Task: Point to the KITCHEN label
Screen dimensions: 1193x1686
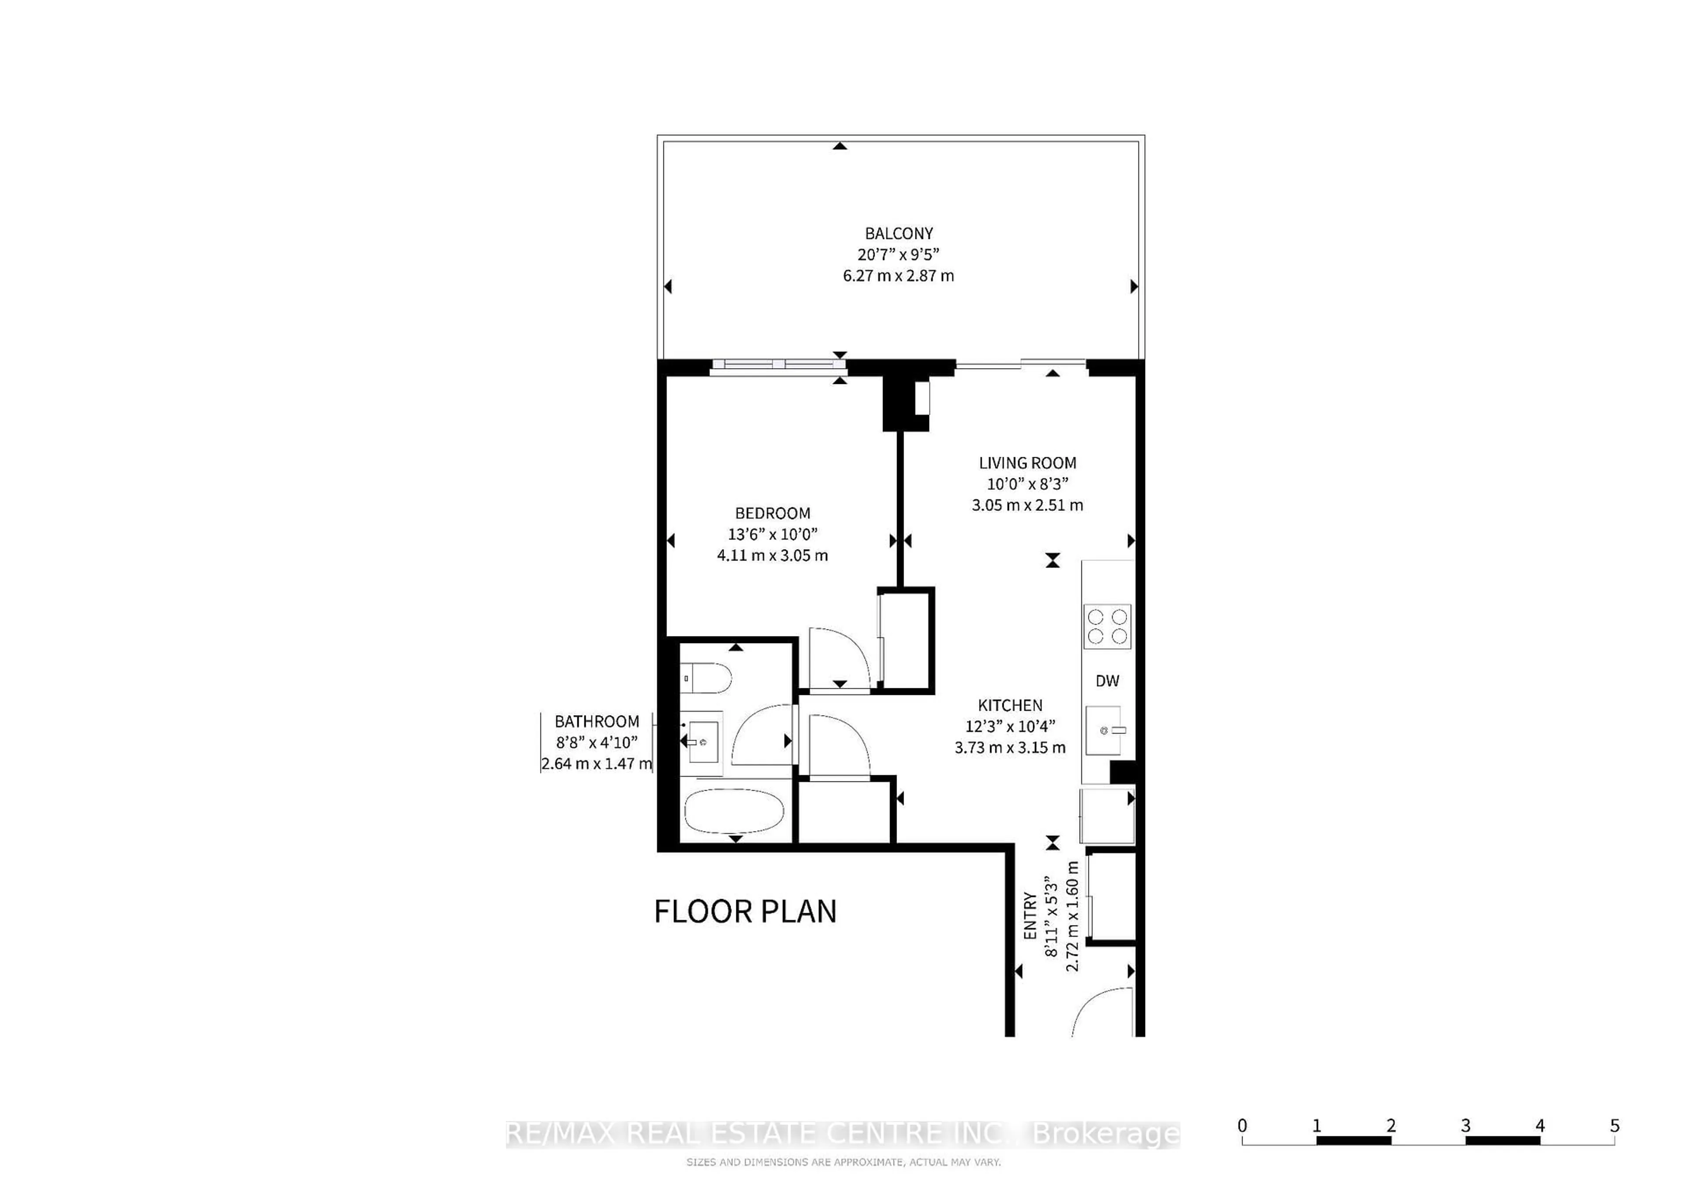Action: (1010, 705)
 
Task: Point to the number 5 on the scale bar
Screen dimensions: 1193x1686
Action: (1614, 1125)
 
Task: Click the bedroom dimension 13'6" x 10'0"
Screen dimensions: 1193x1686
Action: (772, 534)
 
